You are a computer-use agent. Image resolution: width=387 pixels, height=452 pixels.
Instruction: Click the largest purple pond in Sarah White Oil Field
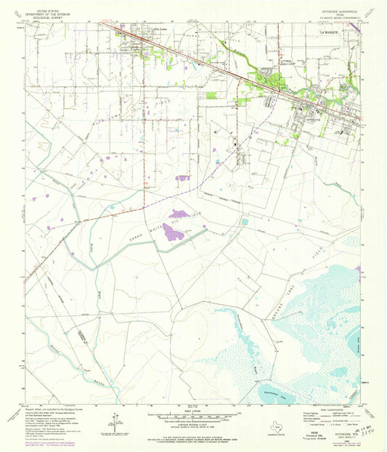coord(173,233)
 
